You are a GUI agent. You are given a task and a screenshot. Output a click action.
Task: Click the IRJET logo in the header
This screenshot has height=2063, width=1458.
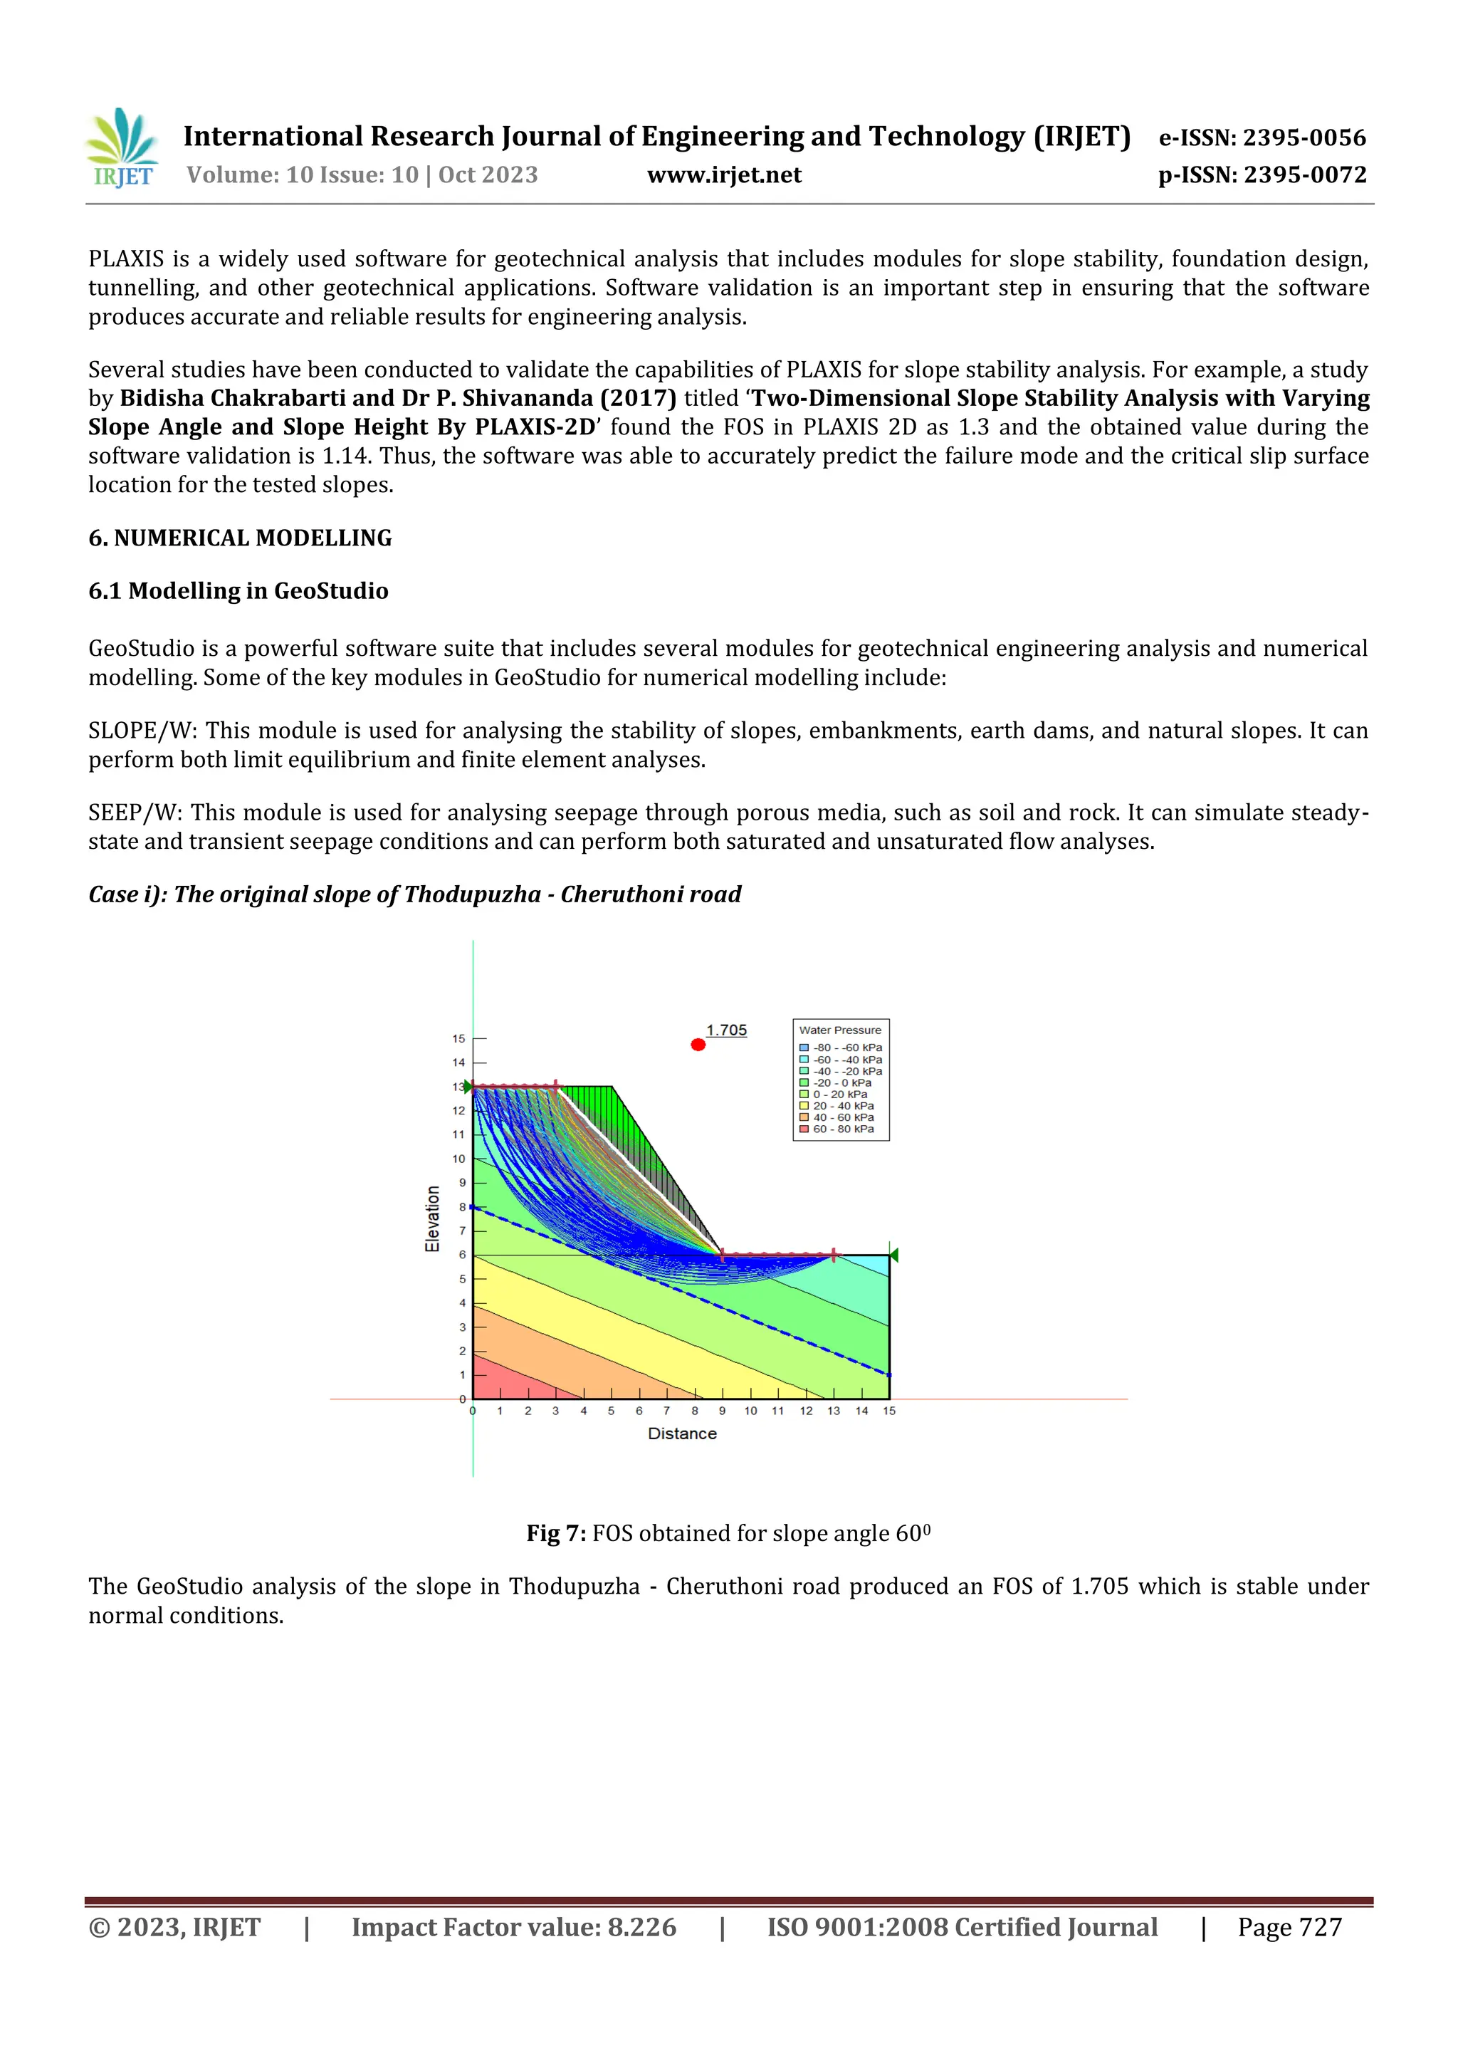(x=122, y=149)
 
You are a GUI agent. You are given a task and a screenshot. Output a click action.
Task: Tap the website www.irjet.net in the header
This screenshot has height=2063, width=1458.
(x=724, y=175)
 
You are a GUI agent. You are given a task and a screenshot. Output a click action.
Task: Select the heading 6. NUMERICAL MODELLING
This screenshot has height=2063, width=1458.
(x=240, y=538)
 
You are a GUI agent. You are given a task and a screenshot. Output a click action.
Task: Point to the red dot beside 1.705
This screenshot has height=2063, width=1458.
(x=698, y=1044)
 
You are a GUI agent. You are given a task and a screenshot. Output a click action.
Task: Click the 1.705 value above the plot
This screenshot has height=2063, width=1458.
(x=726, y=1030)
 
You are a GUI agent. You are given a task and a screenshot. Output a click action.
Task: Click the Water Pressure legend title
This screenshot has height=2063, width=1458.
(x=840, y=1030)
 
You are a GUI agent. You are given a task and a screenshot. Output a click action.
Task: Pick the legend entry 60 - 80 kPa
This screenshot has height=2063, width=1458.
(x=843, y=1129)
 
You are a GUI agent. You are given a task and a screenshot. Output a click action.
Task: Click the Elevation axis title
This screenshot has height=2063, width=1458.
(x=433, y=1218)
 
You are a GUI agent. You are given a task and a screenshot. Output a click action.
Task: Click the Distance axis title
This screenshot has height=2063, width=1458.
(x=682, y=1433)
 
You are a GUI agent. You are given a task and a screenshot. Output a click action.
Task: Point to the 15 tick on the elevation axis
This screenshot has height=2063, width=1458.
(x=459, y=1039)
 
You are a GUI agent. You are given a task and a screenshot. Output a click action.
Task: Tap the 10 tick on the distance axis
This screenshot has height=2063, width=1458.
(x=750, y=1411)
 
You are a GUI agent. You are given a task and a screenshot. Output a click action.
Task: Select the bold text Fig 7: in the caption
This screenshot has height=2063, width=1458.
(x=556, y=1533)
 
